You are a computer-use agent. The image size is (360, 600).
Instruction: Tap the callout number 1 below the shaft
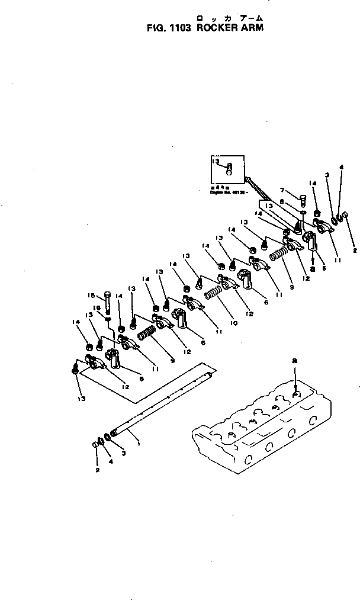pyautogui.click(x=139, y=442)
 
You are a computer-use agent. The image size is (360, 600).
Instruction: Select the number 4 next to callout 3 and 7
pyautogui.click(x=340, y=167)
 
